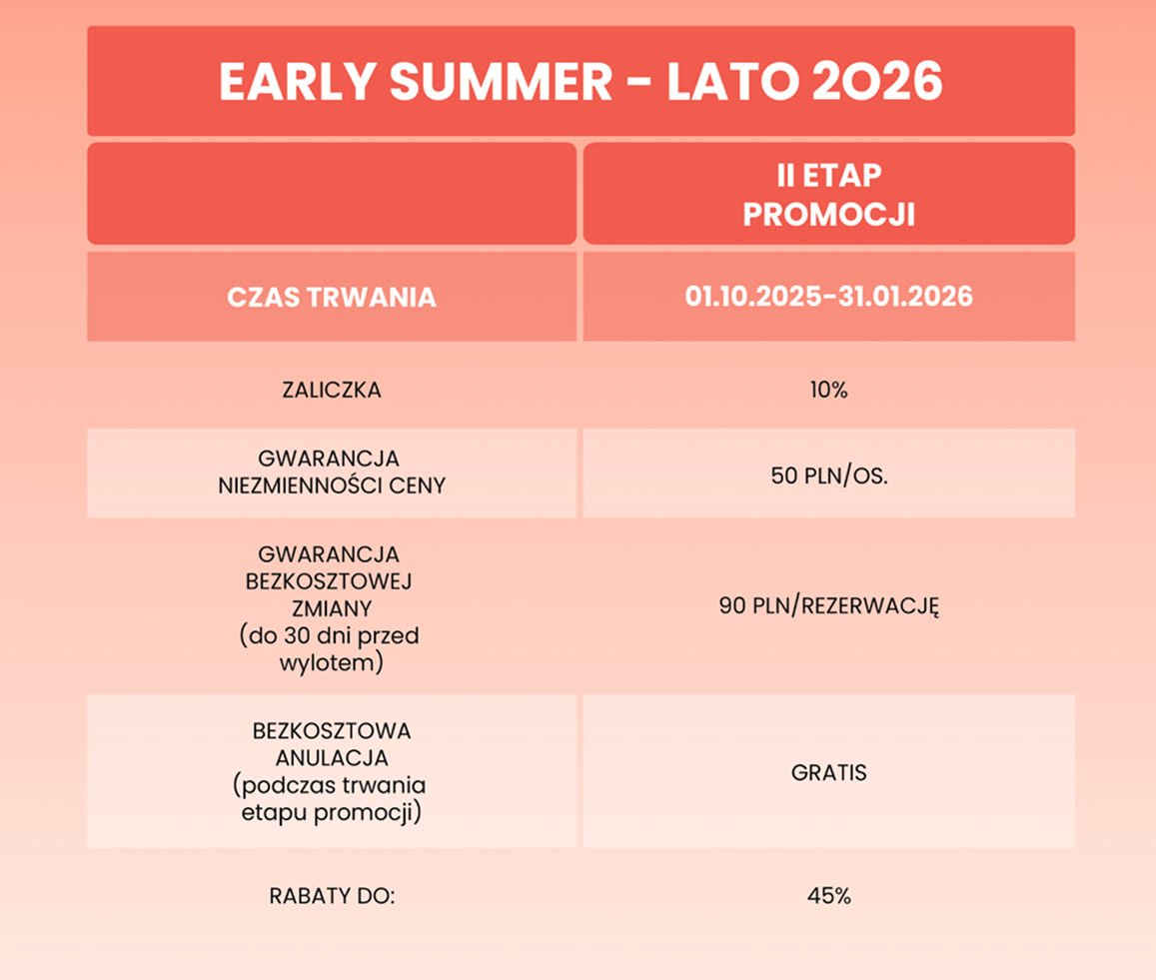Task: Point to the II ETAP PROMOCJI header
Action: [x=829, y=196]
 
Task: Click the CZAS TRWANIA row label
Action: [x=332, y=298]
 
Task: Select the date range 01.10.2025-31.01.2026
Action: [x=829, y=297]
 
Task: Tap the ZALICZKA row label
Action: [x=332, y=391]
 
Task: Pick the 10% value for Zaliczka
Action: [x=829, y=391]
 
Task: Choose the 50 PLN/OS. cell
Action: [x=829, y=475]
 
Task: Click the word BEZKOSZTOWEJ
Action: [x=329, y=581]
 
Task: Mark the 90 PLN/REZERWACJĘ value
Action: [x=829, y=606]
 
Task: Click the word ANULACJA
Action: [x=332, y=758]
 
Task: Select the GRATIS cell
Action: [x=829, y=773]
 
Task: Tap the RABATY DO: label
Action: [x=333, y=896]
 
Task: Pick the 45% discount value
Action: [x=829, y=896]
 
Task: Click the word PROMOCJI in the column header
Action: [x=829, y=215]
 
